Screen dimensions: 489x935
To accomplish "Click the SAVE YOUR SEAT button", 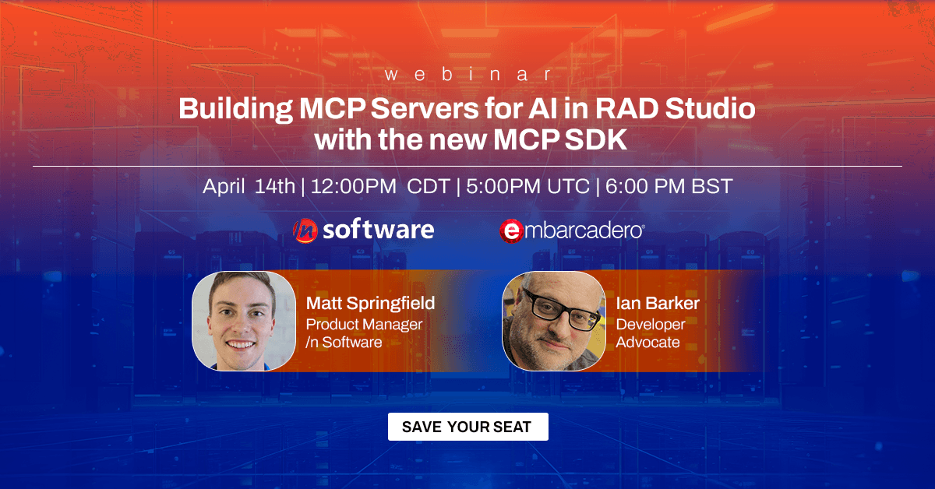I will pyautogui.click(x=467, y=427).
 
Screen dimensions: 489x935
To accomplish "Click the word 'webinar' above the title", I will pyautogui.click(x=467, y=75).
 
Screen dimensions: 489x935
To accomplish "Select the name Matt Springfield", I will pyautogui.click(x=370, y=303).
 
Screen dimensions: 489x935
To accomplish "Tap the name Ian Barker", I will pyautogui.click(x=658, y=303).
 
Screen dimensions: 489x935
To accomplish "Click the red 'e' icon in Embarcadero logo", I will pyautogui.click(x=510, y=230).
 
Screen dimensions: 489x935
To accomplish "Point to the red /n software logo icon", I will pyautogui.click(x=305, y=230).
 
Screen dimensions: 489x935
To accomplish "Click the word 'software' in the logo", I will pyautogui.click(x=378, y=230).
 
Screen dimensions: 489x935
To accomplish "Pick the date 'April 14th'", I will pyautogui.click(x=249, y=187).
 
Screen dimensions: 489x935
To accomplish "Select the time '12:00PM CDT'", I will pyautogui.click(x=383, y=187).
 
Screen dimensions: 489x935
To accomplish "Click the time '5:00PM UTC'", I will pyautogui.click(x=526, y=187).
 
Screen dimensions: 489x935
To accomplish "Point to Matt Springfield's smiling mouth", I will pyautogui.click(x=242, y=343).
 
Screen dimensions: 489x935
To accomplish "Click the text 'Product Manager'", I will pyautogui.click(x=364, y=324).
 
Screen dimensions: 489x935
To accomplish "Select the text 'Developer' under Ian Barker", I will pyautogui.click(x=651, y=324).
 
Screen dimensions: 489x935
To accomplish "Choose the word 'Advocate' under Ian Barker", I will pyautogui.click(x=647, y=342).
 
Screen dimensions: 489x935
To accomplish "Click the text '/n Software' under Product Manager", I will pyautogui.click(x=344, y=342).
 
